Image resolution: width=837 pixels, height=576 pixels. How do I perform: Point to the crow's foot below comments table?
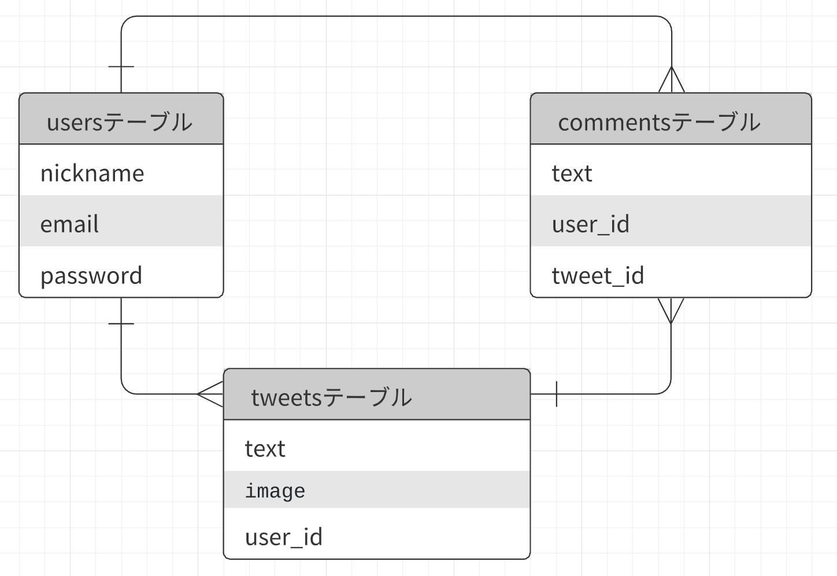[671, 310]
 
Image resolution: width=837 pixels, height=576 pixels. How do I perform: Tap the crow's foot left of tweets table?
[210, 394]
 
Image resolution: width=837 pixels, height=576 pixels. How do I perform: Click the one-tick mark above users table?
[121, 67]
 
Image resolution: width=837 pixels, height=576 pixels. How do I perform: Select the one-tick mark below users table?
[121, 323]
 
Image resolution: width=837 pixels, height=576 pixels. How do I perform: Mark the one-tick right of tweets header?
[556, 394]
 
